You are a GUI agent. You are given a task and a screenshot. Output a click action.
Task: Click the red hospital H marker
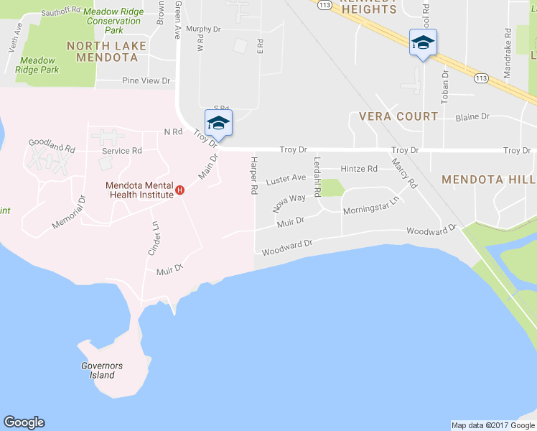click(x=180, y=191)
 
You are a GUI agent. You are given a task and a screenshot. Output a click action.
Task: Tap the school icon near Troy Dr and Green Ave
click(x=218, y=122)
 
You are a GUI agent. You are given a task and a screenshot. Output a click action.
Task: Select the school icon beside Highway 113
click(x=423, y=43)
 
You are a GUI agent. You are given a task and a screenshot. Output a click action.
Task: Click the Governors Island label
click(x=102, y=370)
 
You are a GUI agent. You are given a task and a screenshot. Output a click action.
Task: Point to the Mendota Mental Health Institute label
click(x=139, y=190)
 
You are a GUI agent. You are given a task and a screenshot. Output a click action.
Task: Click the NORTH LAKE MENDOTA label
click(x=106, y=52)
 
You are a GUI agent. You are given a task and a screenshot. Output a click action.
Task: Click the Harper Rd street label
click(x=254, y=175)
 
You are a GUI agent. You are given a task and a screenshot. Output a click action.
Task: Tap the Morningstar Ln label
click(x=370, y=210)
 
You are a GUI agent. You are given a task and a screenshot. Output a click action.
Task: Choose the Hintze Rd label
click(x=359, y=169)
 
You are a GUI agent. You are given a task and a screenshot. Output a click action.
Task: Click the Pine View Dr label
click(x=146, y=80)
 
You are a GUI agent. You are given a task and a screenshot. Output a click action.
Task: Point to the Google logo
click(x=24, y=422)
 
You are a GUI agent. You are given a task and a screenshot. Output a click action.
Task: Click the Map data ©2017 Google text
click(x=492, y=425)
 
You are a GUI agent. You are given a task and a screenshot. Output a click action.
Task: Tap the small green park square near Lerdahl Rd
click(x=331, y=187)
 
